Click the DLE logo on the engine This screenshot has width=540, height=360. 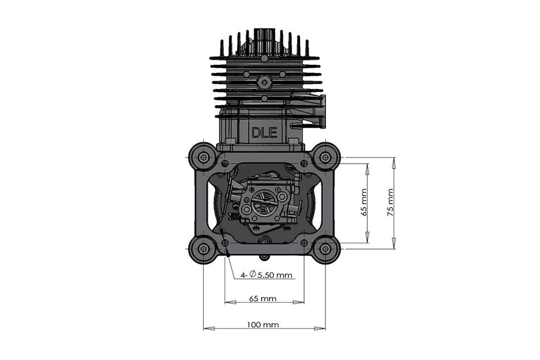click(264, 133)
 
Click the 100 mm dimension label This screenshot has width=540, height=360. click(263, 325)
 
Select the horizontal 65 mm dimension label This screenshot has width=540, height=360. click(263, 298)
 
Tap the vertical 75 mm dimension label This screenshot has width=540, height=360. click(390, 202)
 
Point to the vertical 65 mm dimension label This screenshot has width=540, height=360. click(364, 202)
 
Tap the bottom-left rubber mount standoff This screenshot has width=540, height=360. click(203, 249)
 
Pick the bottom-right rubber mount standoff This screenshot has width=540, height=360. click(325, 249)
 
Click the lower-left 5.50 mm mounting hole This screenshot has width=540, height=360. click(225, 242)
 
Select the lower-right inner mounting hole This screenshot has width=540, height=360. click(304, 242)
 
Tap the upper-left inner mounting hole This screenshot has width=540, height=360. click(225, 163)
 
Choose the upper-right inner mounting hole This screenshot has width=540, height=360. click(304, 163)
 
